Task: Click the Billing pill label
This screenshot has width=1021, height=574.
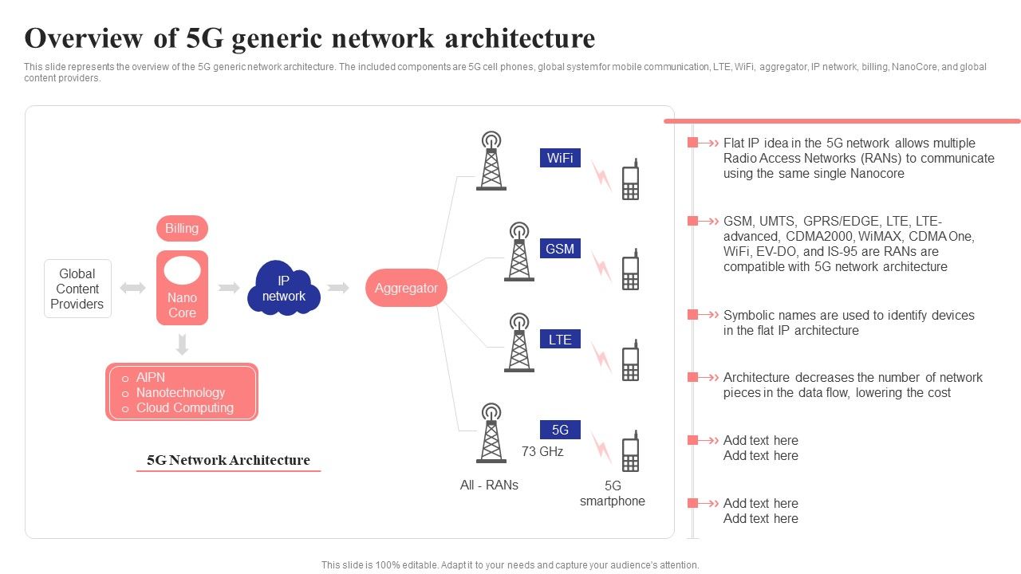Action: tap(182, 229)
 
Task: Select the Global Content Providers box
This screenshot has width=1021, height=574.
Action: tap(77, 289)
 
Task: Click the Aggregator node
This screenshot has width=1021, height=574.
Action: tap(406, 288)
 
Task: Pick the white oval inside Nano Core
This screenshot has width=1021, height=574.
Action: tap(182, 271)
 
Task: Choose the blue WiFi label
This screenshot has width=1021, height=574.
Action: tap(560, 158)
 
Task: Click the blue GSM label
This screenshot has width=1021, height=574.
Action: tap(560, 249)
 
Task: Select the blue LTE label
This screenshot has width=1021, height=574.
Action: tap(560, 340)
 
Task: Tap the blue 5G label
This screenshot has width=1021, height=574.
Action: tap(560, 430)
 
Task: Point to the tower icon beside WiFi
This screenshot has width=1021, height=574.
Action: tap(491, 162)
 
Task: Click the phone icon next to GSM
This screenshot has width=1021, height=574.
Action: tap(630, 269)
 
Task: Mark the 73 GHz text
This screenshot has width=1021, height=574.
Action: tap(542, 452)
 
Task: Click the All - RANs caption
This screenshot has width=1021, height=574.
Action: tap(489, 485)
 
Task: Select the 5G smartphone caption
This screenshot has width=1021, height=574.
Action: tap(612, 493)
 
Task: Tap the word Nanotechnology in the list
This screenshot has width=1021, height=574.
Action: tap(180, 392)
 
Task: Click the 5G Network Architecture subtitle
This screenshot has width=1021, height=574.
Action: tap(228, 460)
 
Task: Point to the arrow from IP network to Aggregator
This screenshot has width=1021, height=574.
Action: tap(338, 288)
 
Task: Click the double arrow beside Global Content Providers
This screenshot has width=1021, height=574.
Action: tap(132, 288)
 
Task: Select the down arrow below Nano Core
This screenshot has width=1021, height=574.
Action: tap(182, 344)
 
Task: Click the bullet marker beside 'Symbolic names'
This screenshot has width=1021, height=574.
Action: tap(692, 315)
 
